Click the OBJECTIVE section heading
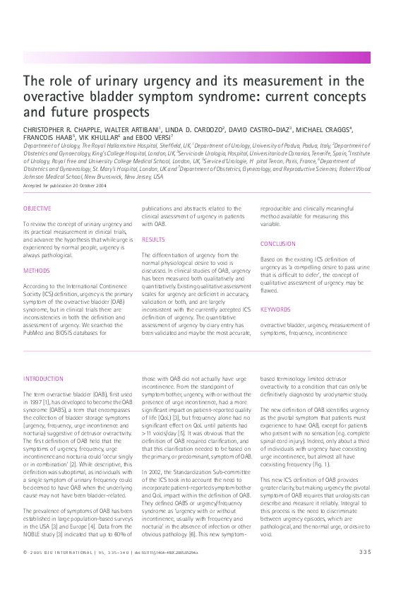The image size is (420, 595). click(x=37, y=209)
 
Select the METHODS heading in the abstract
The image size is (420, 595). click(x=36, y=271)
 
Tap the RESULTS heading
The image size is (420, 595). click(x=153, y=240)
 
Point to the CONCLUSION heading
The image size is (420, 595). click(x=277, y=244)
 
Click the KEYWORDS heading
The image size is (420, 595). click(x=275, y=309)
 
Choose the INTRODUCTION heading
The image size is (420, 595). click(x=43, y=379)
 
